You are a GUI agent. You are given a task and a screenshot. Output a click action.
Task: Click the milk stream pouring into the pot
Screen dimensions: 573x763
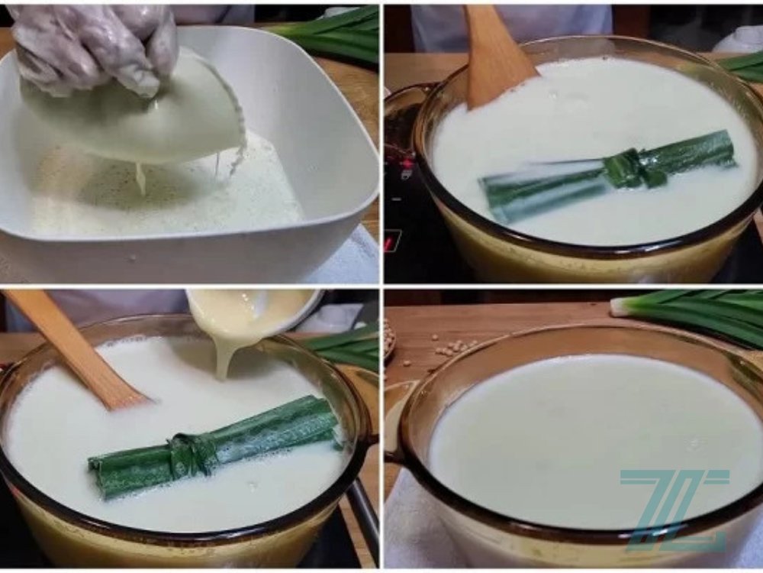click(223, 359)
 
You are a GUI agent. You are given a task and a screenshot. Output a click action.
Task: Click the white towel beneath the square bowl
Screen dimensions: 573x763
click(351, 260)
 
